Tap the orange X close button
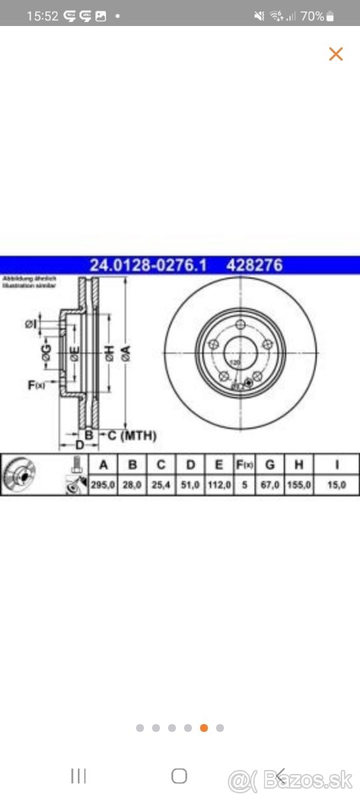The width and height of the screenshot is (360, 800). pyautogui.click(x=335, y=54)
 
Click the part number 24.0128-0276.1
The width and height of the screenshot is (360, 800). pyautogui.click(x=148, y=265)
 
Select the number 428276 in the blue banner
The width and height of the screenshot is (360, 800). pyautogui.click(x=255, y=265)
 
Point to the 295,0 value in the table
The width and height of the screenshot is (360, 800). pyautogui.click(x=103, y=485)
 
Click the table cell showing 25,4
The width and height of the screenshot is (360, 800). pyautogui.click(x=161, y=485)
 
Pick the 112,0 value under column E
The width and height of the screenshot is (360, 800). pyautogui.click(x=219, y=485)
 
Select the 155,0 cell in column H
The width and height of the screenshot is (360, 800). pyautogui.click(x=299, y=485)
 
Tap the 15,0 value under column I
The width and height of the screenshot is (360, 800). pyautogui.click(x=337, y=485)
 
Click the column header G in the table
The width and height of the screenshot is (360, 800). pyautogui.click(x=270, y=465)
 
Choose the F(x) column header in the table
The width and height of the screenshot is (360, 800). pyautogui.click(x=245, y=465)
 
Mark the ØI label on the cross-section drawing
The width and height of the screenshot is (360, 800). pyautogui.click(x=30, y=324)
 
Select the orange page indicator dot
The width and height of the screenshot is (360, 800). pyautogui.click(x=204, y=728)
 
